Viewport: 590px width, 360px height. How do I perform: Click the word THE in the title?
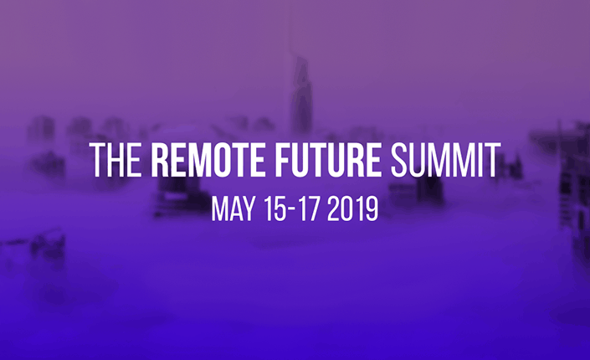click(x=116, y=160)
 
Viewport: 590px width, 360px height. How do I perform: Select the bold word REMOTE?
click(x=208, y=160)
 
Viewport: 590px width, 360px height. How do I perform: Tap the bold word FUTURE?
click(x=328, y=160)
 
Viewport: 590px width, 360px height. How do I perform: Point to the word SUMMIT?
click(x=445, y=160)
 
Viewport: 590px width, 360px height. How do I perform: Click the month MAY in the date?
click(x=233, y=208)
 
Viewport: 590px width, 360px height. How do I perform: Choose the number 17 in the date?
click(x=310, y=208)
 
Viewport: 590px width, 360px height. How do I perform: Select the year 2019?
click(x=352, y=208)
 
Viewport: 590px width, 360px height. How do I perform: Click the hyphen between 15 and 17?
click(x=292, y=210)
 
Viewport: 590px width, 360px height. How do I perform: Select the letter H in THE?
click(x=115, y=160)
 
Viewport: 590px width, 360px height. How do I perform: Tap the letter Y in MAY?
click(x=248, y=208)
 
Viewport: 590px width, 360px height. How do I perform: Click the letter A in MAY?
click(x=235, y=208)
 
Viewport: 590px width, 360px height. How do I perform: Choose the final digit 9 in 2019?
click(x=372, y=208)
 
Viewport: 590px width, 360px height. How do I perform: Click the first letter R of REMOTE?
click(x=160, y=160)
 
